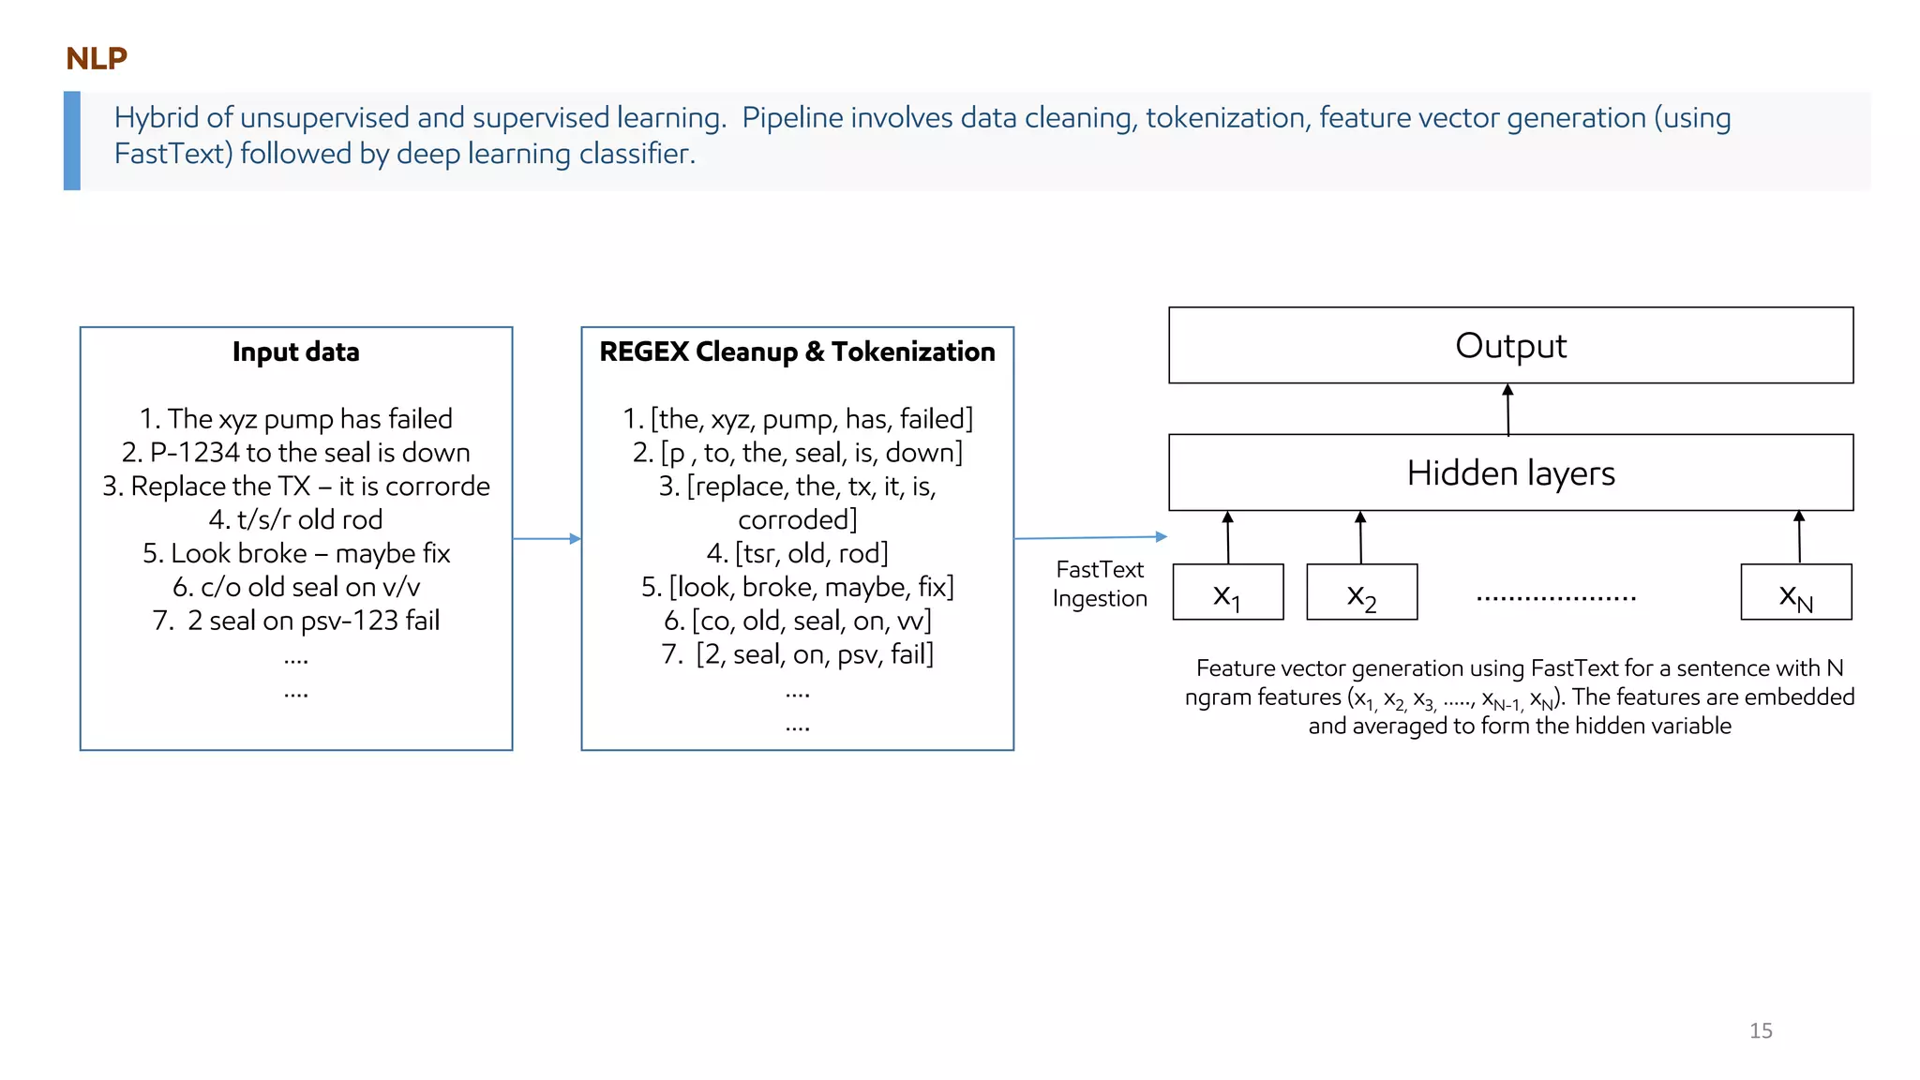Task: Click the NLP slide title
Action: tap(97, 58)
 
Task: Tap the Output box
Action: tap(1510, 345)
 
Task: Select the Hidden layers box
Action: tap(1510, 472)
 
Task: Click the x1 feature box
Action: tap(1227, 592)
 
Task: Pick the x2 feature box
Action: tap(1361, 592)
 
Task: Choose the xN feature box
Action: tap(1795, 592)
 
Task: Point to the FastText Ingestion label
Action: tap(1100, 584)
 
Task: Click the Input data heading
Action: tap(295, 352)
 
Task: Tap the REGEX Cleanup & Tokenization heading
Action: tap(797, 352)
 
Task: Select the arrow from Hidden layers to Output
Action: tap(1507, 410)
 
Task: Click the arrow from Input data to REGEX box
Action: tap(547, 538)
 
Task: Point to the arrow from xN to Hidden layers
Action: tap(1799, 537)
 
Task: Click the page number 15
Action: tap(1761, 1030)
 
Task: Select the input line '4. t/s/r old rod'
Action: tap(295, 519)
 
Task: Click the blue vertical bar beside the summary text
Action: tap(72, 141)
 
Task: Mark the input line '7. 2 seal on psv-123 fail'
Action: tap(295, 621)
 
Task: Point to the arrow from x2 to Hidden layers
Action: tap(1360, 537)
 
